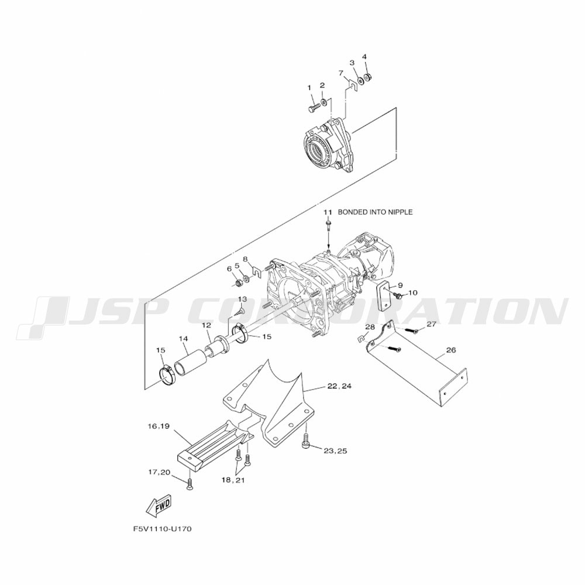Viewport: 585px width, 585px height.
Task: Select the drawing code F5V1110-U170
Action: tap(162, 529)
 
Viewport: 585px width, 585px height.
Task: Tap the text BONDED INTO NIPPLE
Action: tap(375, 212)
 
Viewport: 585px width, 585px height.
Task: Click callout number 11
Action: tap(327, 212)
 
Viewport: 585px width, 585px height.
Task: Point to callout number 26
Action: tap(450, 350)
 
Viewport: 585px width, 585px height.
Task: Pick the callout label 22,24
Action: tap(339, 386)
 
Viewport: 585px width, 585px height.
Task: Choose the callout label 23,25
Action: tap(335, 450)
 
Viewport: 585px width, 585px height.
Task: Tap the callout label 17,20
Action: tap(159, 472)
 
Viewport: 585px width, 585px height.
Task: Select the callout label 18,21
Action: tap(233, 480)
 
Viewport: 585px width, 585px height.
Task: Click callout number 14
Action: tap(183, 339)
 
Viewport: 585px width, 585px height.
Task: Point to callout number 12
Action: tap(207, 325)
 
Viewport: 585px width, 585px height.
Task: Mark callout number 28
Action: tap(370, 327)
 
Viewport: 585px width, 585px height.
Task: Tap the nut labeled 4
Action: tap(367, 77)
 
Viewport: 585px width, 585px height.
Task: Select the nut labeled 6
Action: tap(230, 283)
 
